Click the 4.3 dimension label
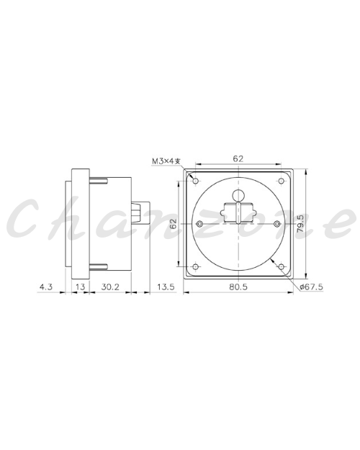point(46,287)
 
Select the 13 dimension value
point(81,287)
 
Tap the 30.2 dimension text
point(110,287)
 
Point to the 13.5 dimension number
point(166,287)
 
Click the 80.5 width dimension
point(238,287)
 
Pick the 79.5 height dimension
point(300,223)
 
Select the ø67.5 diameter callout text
point(311,287)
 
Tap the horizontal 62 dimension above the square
point(238,158)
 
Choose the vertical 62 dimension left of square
point(174,223)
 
